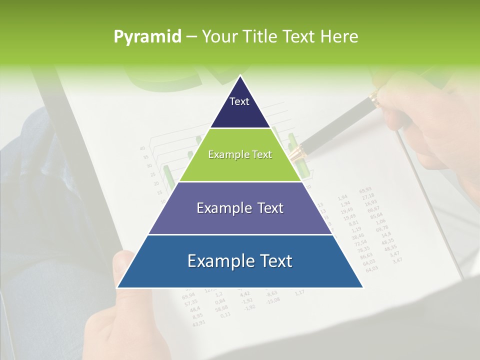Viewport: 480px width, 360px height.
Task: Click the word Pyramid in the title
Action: click(x=147, y=37)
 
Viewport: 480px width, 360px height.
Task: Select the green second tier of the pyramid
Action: click(x=240, y=155)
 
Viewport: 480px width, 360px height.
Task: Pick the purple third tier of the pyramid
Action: click(x=240, y=208)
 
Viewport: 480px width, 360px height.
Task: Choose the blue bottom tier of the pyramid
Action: click(x=240, y=261)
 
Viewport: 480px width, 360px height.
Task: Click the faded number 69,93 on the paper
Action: click(x=365, y=190)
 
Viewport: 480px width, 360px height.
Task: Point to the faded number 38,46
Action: click(x=358, y=236)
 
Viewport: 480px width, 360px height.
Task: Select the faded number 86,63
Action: click(x=366, y=255)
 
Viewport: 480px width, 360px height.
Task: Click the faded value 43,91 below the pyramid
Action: click(x=198, y=322)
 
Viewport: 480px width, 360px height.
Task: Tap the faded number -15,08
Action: click(x=273, y=300)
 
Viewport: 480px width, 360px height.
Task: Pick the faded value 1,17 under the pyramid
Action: click(x=299, y=292)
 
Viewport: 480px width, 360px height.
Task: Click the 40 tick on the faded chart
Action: click(x=142, y=148)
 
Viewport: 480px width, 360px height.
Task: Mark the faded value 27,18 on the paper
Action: click(x=369, y=196)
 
